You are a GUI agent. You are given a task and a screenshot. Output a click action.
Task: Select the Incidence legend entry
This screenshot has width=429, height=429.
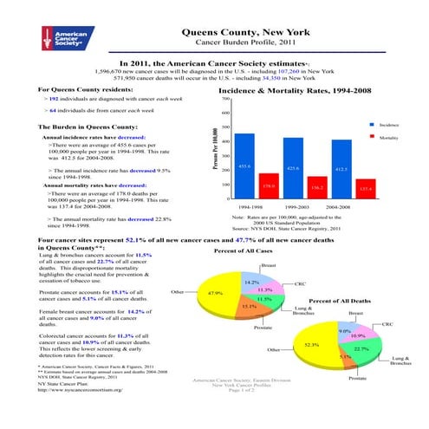click(x=387, y=126)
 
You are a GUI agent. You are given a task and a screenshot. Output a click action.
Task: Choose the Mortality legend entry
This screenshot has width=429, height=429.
click(x=387, y=137)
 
